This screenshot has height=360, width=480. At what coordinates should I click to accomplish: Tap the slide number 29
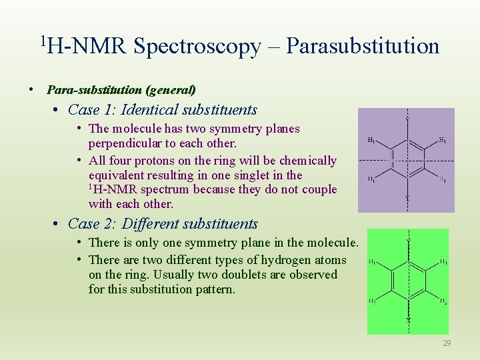click(x=446, y=343)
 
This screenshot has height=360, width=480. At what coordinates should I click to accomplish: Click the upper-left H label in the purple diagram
click(x=371, y=141)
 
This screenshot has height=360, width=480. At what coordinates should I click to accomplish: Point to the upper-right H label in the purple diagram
click(x=442, y=141)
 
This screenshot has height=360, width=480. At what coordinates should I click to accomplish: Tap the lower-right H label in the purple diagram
click(x=442, y=180)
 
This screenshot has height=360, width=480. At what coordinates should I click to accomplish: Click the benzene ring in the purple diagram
click(x=406, y=160)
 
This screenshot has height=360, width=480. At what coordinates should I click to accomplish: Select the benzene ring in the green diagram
click(x=408, y=280)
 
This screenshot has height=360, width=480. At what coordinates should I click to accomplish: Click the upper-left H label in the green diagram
click(x=373, y=261)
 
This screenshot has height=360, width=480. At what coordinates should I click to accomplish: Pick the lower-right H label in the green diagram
click(x=443, y=301)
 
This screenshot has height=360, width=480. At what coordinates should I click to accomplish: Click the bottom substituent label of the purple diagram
click(x=406, y=199)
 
